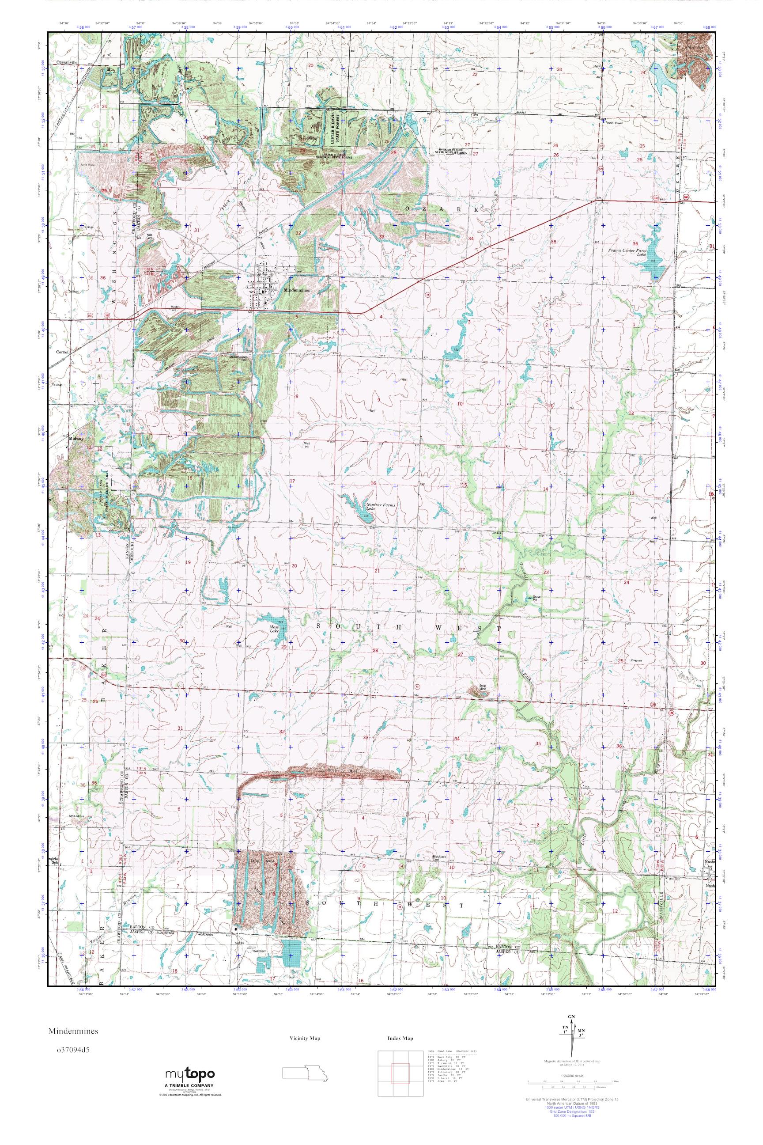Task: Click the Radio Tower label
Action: tap(615, 123)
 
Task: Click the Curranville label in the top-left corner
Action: tap(67, 62)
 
